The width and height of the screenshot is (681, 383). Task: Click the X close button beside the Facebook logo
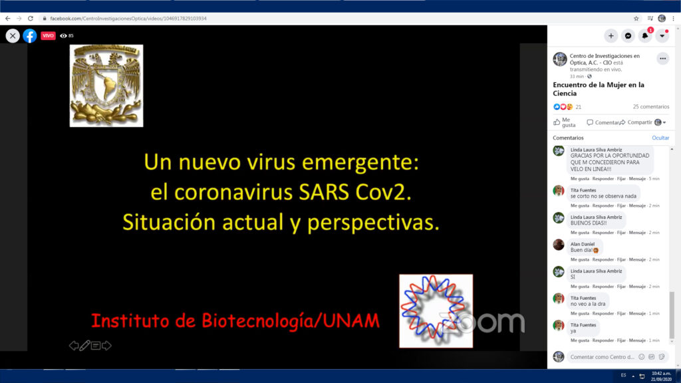click(x=13, y=36)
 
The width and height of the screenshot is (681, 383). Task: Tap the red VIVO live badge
click(x=48, y=36)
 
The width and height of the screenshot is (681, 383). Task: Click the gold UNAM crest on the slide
click(x=106, y=85)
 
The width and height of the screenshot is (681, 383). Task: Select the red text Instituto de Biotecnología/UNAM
click(x=235, y=321)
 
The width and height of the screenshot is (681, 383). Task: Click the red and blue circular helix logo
click(x=436, y=311)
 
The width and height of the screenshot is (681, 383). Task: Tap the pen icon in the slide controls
click(x=84, y=346)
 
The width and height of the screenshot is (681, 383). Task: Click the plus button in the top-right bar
click(x=611, y=36)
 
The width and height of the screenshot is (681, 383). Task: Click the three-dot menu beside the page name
click(x=662, y=59)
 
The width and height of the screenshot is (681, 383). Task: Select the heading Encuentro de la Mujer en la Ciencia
click(x=599, y=89)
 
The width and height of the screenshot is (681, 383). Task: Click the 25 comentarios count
click(x=650, y=106)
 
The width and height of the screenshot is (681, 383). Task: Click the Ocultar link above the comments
click(x=660, y=138)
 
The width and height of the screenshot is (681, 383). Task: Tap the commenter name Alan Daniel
click(x=583, y=244)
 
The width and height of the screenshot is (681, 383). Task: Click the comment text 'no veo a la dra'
click(x=588, y=304)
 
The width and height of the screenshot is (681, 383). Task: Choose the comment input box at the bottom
click(x=602, y=357)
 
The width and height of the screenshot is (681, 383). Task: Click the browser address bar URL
click(x=128, y=19)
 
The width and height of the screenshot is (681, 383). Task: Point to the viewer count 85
click(x=70, y=36)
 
